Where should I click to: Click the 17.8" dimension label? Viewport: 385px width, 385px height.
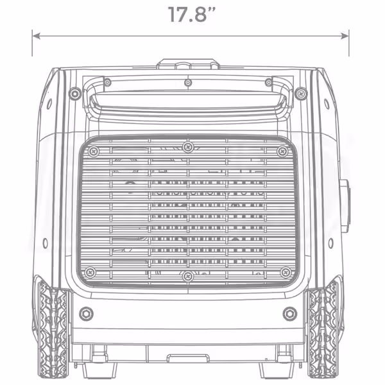[x=192, y=15]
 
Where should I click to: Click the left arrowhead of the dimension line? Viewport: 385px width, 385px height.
[x=37, y=36]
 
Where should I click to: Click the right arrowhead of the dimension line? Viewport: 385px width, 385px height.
[x=345, y=36]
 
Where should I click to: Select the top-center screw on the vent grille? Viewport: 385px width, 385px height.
[x=188, y=147]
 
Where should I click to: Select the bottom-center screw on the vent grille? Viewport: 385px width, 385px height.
[x=188, y=276]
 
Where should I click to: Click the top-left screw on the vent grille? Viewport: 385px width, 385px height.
[x=93, y=151]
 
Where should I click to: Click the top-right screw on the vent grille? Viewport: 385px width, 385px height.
[x=282, y=151]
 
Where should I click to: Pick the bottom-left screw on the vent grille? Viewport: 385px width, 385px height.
[x=90, y=272]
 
